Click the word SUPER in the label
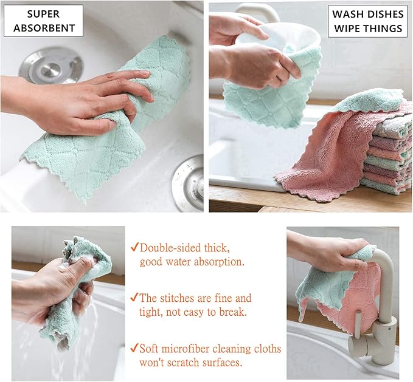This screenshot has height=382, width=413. [43, 14]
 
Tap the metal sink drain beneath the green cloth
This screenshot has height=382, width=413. [189, 182]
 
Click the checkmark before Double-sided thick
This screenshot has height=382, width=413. [134, 248]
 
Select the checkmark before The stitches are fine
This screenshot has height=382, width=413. [134, 298]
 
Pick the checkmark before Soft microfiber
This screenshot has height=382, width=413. [134, 349]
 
